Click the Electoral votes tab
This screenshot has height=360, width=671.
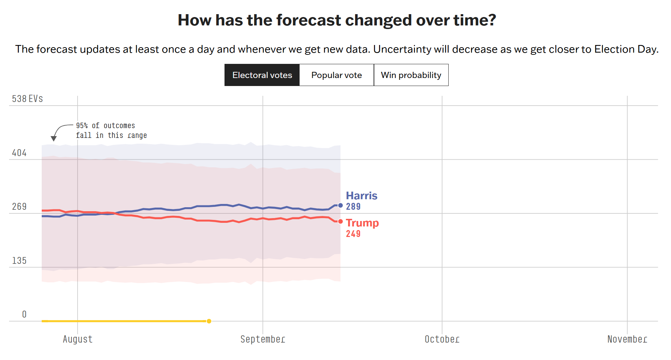click(262, 75)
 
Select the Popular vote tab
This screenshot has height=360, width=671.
click(336, 75)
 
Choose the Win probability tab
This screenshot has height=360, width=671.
click(411, 75)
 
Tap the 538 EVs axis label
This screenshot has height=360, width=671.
click(27, 99)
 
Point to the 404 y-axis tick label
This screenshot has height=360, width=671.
click(19, 153)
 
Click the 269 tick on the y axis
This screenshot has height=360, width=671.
click(19, 206)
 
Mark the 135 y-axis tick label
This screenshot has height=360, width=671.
click(19, 261)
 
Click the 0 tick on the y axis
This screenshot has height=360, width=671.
click(24, 314)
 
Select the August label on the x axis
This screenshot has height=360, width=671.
click(78, 339)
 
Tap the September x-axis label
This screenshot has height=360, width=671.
click(263, 339)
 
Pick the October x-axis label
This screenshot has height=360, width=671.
click(442, 339)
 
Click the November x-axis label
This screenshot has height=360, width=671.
click(627, 339)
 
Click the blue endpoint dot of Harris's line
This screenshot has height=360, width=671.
click(340, 205)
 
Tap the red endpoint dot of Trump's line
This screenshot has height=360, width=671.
click(340, 221)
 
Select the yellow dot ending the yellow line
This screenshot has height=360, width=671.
click(209, 321)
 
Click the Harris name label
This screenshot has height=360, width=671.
click(361, 196)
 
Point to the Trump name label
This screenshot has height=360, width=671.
click(362, 223)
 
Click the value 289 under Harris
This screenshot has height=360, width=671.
click(353, 206)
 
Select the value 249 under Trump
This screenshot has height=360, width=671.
click(353, 234)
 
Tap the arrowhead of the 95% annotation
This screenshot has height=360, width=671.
click(54, 139)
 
